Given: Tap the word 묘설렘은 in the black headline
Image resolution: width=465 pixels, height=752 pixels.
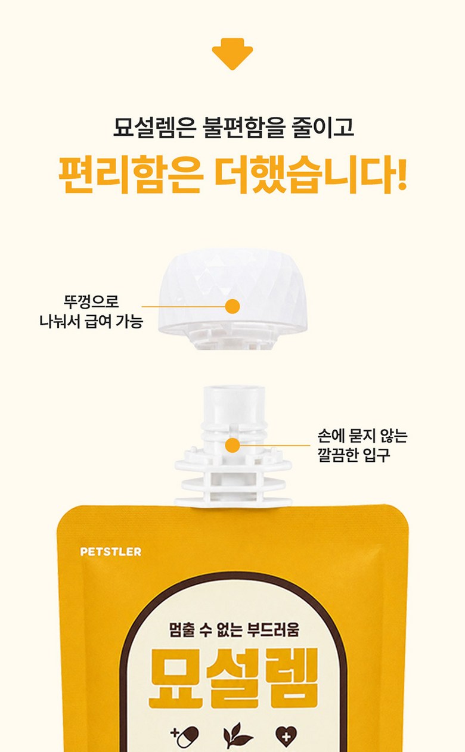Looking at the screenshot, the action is [154, 128].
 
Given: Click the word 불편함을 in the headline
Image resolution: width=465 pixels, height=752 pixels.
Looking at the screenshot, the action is [244, 128].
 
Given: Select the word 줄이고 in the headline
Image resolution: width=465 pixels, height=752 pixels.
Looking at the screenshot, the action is [323, 128].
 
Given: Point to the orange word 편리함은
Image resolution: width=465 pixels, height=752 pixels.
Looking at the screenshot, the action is [131, 175].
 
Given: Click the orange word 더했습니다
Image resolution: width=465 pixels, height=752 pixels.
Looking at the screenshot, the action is [302, 175].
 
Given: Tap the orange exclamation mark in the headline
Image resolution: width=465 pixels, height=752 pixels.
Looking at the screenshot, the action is [400, 173].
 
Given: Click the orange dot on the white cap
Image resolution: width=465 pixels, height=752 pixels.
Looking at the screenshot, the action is [232, 306].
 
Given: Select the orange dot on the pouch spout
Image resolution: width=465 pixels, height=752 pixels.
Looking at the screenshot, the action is [232, 446].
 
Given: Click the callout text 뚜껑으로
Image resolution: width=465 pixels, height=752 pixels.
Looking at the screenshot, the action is [91, 301].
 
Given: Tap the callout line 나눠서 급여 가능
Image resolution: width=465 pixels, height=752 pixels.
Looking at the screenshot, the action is [91, 321].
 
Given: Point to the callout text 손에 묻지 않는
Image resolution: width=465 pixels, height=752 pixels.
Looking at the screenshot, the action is [362, 436].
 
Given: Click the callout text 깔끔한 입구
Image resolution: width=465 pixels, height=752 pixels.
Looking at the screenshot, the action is [354, 455].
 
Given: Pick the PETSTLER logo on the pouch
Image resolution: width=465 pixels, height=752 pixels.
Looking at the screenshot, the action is [111, 552].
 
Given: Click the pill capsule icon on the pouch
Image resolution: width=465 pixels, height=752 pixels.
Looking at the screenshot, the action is [185, 737].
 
